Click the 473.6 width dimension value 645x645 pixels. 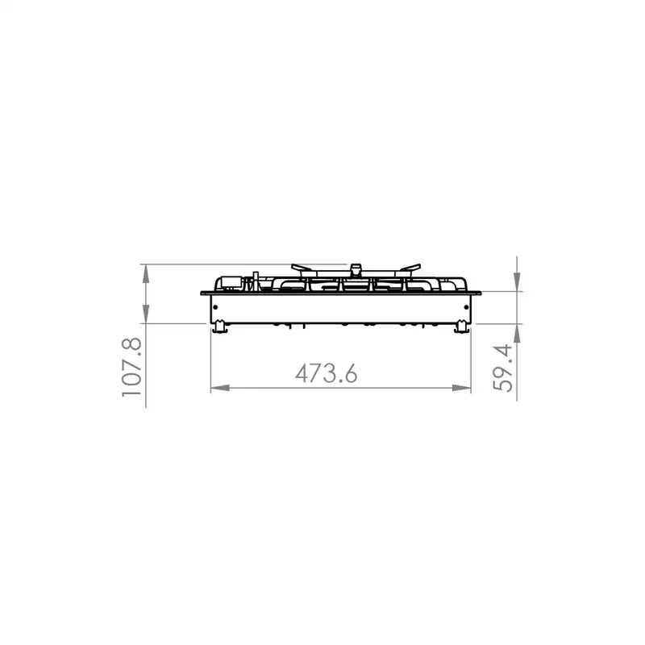(326, 373)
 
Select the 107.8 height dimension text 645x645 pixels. (131, 367)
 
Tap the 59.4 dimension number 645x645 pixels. (505, 368)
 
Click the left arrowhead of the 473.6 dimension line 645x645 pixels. (217, 389)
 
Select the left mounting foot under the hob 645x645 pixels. (219, 326)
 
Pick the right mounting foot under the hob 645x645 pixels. (461, 326)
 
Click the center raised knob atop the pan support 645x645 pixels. (356, 267)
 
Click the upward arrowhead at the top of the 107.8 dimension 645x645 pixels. (146, 272)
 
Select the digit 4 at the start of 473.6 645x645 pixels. (302, 373)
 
